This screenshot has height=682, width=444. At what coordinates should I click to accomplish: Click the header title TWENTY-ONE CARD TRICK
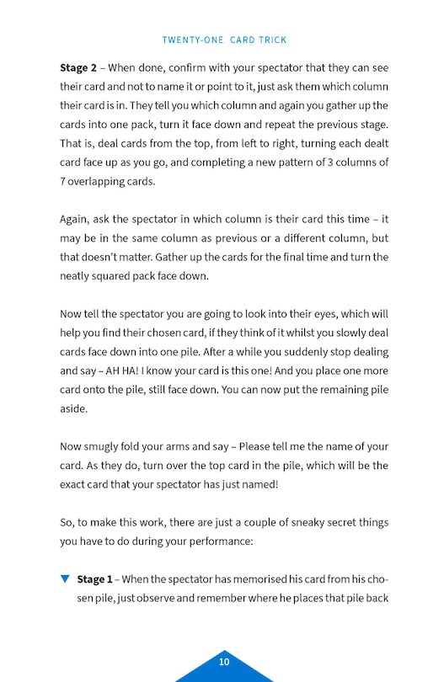point(224,40)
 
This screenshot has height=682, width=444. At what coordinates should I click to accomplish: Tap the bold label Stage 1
point(94,579)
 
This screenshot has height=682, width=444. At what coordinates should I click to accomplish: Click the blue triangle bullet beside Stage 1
point(65,579)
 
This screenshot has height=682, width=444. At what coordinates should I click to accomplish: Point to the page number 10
point(224,662)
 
